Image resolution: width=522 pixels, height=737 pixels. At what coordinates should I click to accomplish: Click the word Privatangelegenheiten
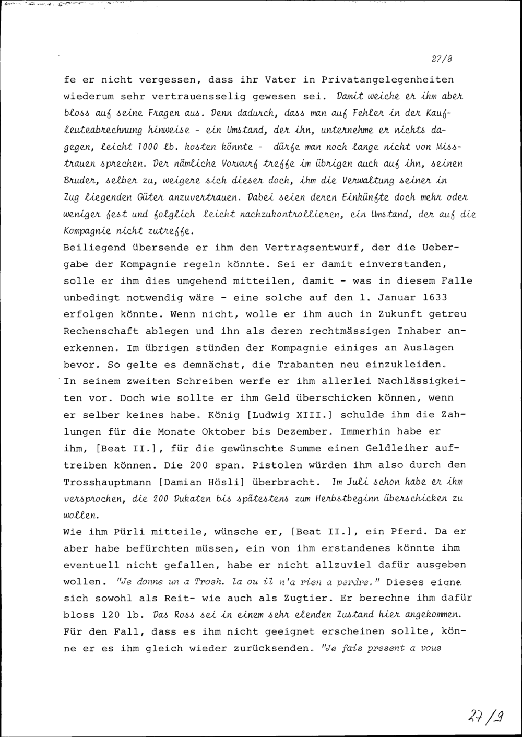tap(387, 80)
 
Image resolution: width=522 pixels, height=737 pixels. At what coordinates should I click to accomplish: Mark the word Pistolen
tap(277, 465)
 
